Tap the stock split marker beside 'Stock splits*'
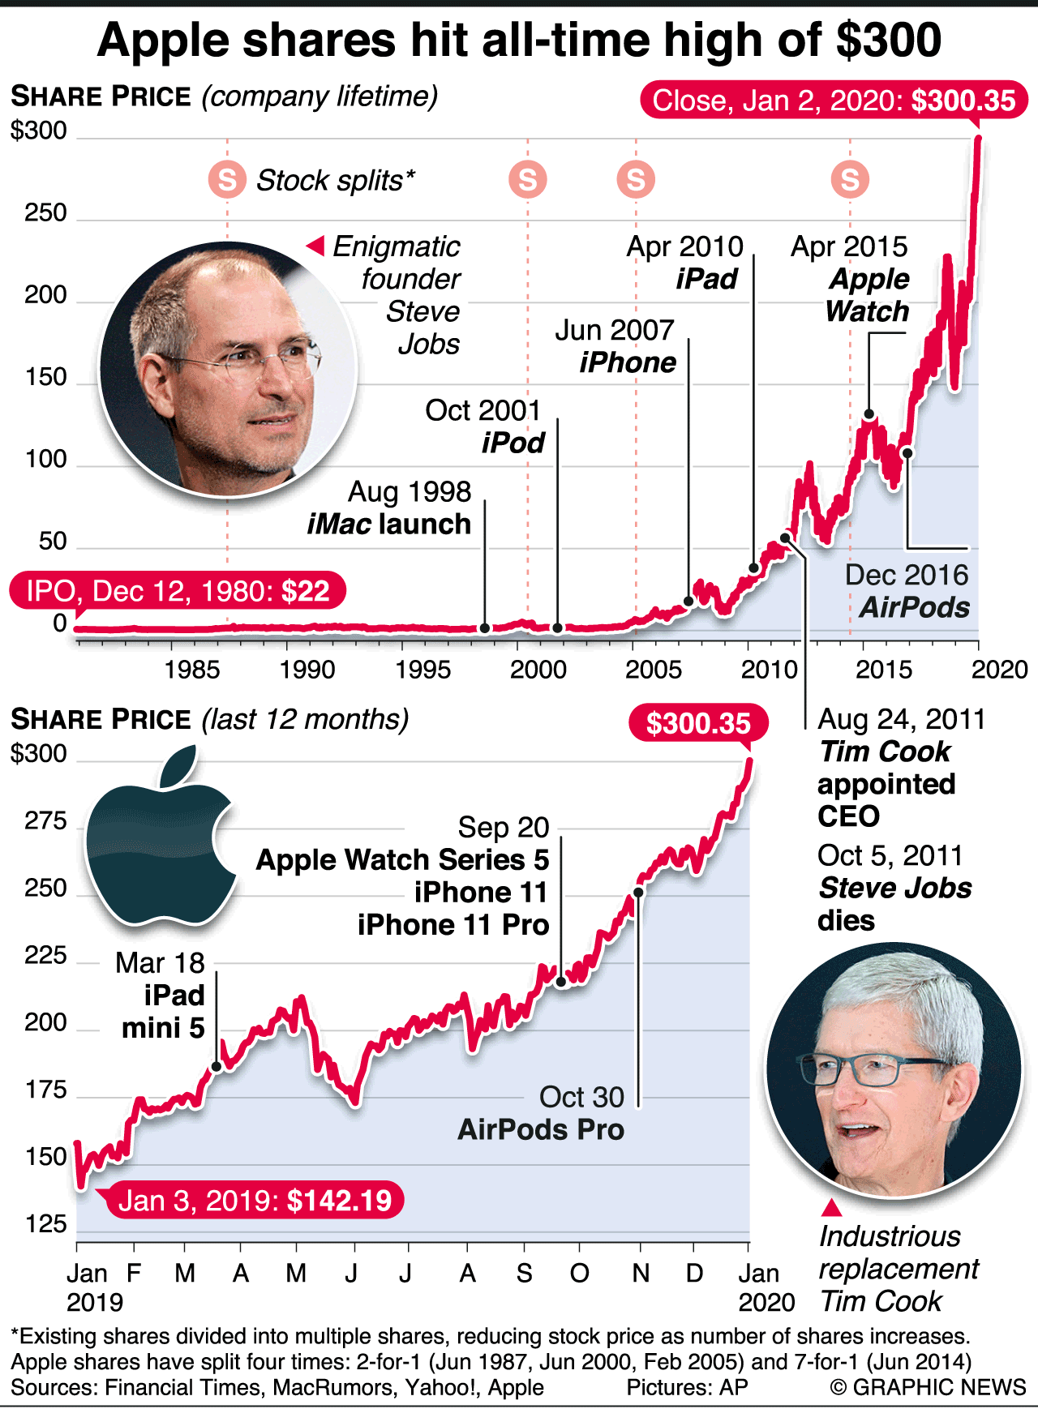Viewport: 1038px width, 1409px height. click(x=227, y=179)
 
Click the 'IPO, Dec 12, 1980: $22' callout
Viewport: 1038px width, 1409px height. click(x=178, y=590)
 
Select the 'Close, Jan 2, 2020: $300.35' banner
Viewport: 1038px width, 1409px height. click(x=834, y=101)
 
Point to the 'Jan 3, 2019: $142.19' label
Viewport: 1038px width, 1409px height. click(x=255, y=1200)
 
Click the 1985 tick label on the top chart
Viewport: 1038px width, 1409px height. click(x=191, y=670)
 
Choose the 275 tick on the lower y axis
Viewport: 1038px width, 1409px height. click(x=45, y=821)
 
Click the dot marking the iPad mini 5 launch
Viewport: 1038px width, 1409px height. click(x=217, y=1067)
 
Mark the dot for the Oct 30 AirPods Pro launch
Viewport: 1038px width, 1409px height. click(x=638, y=893)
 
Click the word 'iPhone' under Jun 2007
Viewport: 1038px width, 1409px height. click(x=628, y=362)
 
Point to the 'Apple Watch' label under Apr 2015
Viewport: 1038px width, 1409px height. click(x=867, y=295)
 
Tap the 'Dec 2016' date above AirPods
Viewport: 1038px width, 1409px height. click(x=907, y=575)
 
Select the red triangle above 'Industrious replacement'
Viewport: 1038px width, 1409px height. click(x=831, y=1208)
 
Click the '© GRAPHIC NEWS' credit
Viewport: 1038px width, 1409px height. click(x=928, y=1387)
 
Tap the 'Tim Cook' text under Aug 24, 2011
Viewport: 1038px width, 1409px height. click(x=884, y=752)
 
